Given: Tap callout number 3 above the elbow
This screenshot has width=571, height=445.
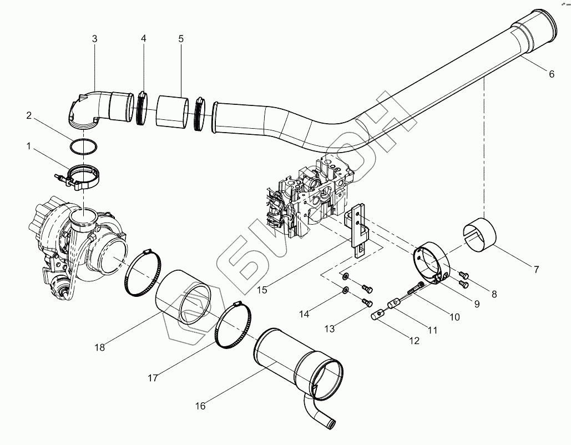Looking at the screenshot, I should (95, 39).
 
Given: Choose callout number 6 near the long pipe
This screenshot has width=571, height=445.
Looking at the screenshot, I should (551, 74).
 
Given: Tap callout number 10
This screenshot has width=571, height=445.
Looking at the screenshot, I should (454, 317).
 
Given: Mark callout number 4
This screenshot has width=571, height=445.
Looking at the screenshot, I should (144, 39).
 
